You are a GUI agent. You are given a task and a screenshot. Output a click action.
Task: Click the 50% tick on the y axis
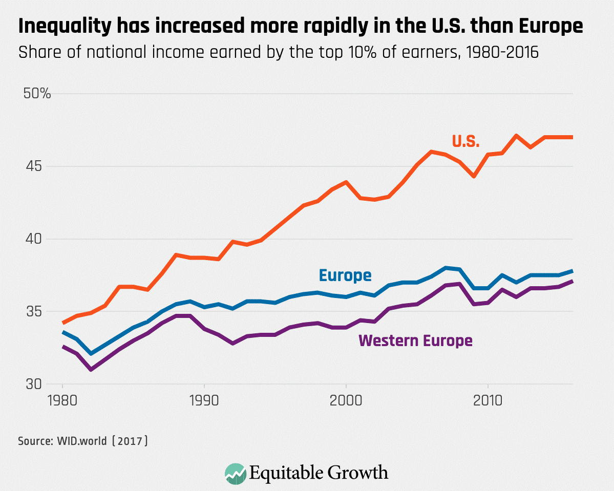[x=34, y=94]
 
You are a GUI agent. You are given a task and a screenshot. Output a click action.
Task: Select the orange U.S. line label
[x=465, y=142]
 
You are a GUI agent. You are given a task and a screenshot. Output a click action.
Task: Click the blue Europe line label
[x=345, y=275]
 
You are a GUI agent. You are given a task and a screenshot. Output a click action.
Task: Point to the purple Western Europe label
[x=415, y=340]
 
